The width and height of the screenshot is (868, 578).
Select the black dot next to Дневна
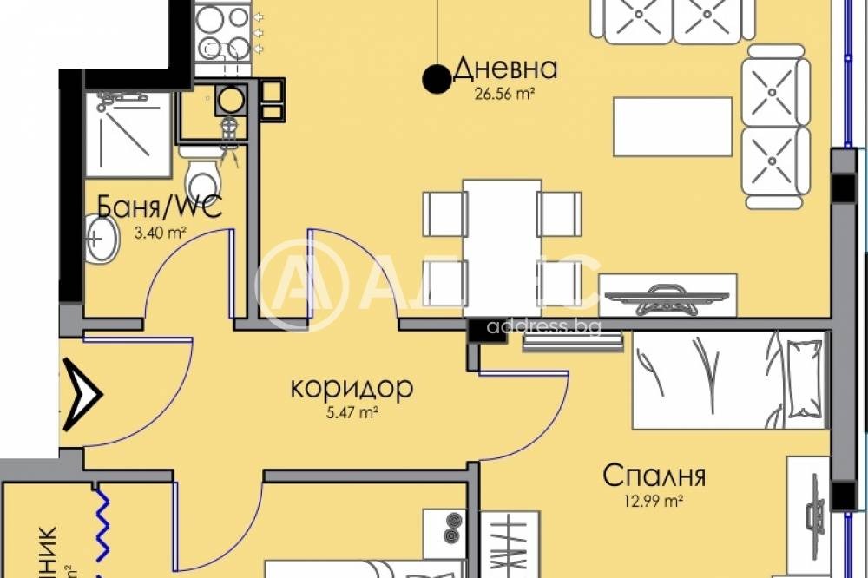click(x=435, y=80)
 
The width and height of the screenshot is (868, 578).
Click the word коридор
click(x=351, y=388)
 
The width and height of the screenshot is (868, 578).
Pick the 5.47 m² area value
click(x=352, y=413)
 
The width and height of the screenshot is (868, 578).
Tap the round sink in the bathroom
click(x=103, y=237)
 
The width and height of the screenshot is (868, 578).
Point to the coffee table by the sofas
click(x=673, y=127)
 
